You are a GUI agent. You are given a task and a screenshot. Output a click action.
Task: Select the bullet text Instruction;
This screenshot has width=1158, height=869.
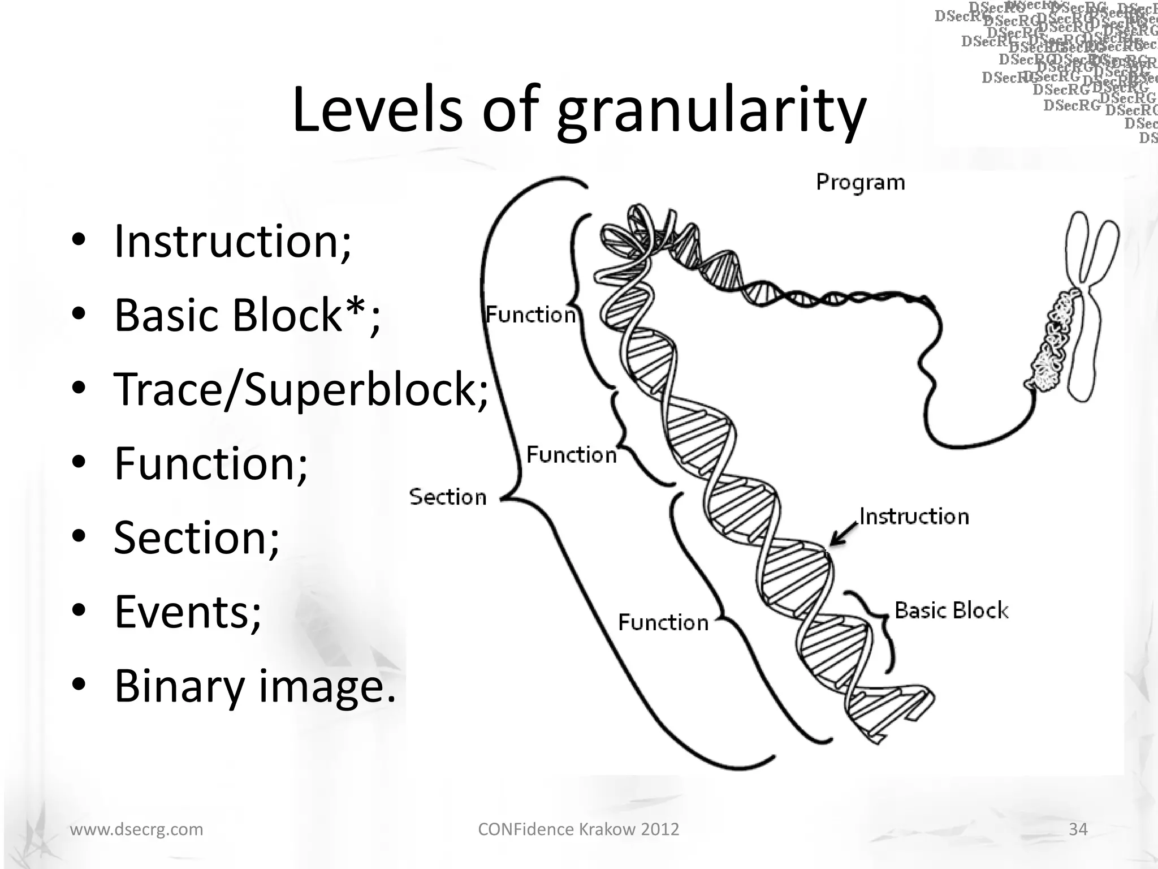point(232,242)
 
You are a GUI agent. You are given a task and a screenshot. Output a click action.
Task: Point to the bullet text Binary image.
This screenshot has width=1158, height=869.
point(255,686)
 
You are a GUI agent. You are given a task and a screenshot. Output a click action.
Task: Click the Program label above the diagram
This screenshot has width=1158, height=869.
point(860,182)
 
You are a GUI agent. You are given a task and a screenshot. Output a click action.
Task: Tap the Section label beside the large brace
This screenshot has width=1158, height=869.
point(447,497)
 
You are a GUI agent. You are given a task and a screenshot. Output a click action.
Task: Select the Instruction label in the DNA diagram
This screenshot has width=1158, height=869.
point(914,517)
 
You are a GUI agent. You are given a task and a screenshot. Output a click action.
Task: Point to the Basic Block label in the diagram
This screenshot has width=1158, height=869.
point(951,610)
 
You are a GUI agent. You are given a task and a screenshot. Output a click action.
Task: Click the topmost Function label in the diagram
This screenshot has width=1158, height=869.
point(530,315)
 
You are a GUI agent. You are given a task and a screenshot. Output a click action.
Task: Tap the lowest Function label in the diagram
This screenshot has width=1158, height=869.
point(663,622)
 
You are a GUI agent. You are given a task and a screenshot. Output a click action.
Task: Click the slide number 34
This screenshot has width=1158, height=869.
point(1078,829)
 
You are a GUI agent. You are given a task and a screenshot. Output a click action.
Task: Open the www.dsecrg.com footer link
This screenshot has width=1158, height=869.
point(136,829)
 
